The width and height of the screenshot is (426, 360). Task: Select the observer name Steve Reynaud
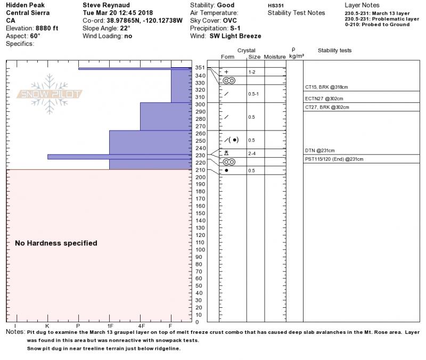pyautogui.click(x=105, y=5)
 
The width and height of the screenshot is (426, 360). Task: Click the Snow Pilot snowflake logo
pyautogui.click(x=50, y=94)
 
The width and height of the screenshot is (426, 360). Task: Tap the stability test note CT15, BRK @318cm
pyautogui.click(x=326, y=87)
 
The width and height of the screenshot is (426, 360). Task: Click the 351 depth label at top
pyautogui.click(x=199, y=68)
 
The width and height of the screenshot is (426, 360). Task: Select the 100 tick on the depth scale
pyautogui.click(x=199, y=249)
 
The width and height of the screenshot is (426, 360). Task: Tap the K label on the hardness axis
pyautogui.click(x=47, y=325)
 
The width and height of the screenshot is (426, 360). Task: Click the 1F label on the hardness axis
pyautogui.click(x=110, y=325)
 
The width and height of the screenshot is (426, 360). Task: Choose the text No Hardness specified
pyautogui.click(x=56, y=243)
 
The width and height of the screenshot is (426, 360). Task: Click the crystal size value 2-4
pyautogui.click(x=252, y=153)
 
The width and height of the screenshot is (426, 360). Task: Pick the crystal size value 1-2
pyautogui.click(x=252, y=72)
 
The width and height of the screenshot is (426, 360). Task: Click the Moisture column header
pyautogui.click(x=275, y=56)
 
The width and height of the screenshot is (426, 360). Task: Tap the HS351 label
pyautogui.click(x=276, y=5)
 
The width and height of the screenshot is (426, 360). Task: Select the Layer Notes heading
pyautogui.click(x=363, y=5)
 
